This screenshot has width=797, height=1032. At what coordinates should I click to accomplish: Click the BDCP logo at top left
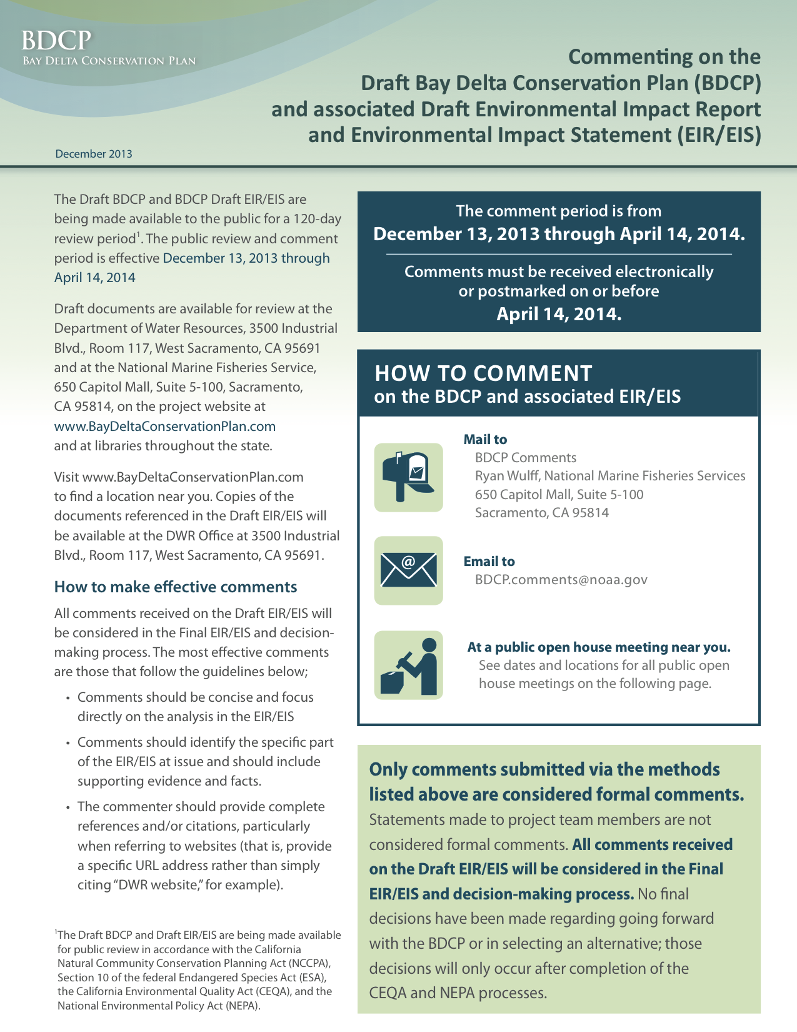click(x=56, y=41)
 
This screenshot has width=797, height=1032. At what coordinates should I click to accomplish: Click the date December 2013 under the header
click(x=94, y=154)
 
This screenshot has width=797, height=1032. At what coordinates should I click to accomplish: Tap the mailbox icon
click(x=408, y=477)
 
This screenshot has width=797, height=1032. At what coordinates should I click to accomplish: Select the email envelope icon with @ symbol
click(x=408, y=570)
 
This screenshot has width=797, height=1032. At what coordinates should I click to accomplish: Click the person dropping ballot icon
click(x=408, y=665)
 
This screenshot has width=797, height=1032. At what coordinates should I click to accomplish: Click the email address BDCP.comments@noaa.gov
click(x=561, y=580)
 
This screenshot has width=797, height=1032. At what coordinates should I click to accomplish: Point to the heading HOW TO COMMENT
click(x=483, y=373)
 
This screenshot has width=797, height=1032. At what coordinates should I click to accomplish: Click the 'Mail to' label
click(x=485, y=440)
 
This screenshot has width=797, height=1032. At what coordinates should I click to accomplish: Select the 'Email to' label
click(x=489, y=562)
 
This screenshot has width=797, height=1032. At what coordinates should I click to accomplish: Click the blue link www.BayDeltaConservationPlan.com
click(x=165, y=427)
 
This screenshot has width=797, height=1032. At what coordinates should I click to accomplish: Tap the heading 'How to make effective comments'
click(x=176, y=587)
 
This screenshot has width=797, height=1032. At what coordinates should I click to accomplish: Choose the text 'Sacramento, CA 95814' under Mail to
click(x=541, y=513)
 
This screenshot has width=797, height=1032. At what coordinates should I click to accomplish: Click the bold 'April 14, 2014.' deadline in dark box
click(x=559, y=314)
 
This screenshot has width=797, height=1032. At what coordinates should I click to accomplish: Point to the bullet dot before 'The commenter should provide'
click(x=68, y=807)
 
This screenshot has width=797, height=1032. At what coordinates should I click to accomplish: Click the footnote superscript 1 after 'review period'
click(x=138, y=235)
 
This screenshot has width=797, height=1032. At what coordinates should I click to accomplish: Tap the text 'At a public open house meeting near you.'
click(x=599, y=647)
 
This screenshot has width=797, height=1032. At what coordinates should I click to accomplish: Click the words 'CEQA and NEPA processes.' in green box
click(x=458, y=993)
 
